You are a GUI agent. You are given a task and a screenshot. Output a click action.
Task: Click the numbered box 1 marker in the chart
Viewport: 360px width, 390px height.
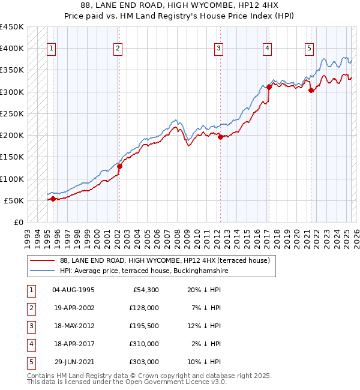[x=52, y=49]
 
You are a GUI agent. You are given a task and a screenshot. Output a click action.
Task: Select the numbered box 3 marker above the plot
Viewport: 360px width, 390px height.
[x=219, y=49]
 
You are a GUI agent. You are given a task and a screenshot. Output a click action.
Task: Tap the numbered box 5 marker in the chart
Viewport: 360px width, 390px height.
[x=309, y=49]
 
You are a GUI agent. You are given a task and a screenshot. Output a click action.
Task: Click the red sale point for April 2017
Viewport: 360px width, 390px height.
[x=269, y=87]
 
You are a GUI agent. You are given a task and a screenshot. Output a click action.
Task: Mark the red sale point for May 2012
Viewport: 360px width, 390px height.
[x=220, y=137]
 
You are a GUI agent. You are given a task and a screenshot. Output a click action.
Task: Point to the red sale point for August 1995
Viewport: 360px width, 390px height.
[x=53, y=199]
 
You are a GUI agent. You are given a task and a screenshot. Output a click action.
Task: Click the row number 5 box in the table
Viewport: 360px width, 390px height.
[x=30, y=362]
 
